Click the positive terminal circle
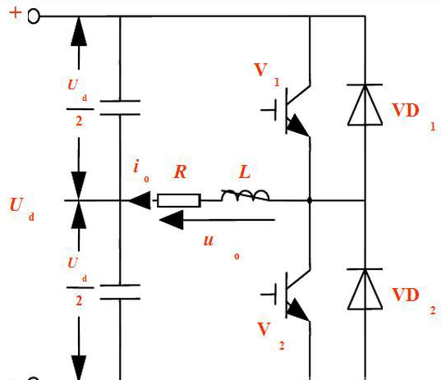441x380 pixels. pyautogui.click(x=34, y=16)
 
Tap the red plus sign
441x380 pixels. pyautogui.click(x=16, y=12)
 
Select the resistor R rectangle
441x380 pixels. pyautogui.click(x=179, y=201)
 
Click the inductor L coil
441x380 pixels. pyautogui.click(x=245, y=195)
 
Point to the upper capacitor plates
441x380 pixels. pyautogui.click(x=120, y=108)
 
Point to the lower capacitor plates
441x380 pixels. pyautogui.click(x=120, y=292)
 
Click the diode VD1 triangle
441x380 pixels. pyautogui.click(x=365, y=105)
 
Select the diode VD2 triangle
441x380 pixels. pyautogui.click(x=365, y=290)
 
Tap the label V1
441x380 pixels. pyautogui.click(x=267, y=74)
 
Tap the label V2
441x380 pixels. pyautogui.click(x=270, y=336)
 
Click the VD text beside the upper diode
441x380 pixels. pyautogui.click(x=406, y=110)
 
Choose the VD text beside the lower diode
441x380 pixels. pyautogui.click(x=406, y=295)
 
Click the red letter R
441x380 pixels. pyautogui.click(x=181, y=172)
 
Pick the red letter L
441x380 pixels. pyautogui.click(x=245, y=172)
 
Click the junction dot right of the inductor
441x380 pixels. pyautogui.click(x=310, y=201)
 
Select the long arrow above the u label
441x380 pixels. pyautogui.click(x=217, y=220)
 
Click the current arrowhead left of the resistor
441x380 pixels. pyautogui.click(x=140, y=200)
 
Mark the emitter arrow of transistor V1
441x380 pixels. pyautogui.click(x=298, y=126)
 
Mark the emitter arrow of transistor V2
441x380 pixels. pyautogui.click(x=298, y=310)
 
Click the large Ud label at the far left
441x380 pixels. pyautogui.click(x=22, y=208)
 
